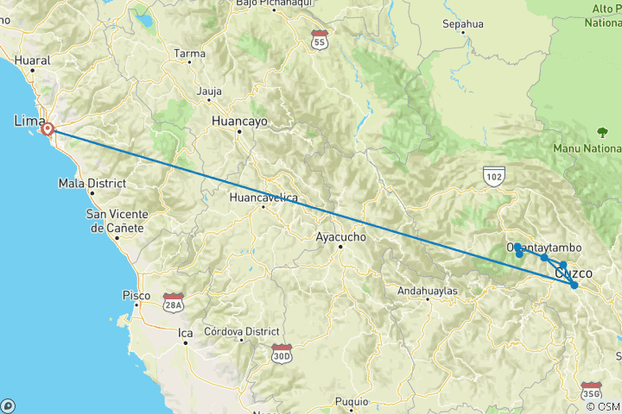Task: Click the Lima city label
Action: (x=29, y=122)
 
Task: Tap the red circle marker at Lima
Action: (x=48, y=129)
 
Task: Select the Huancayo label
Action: (x=239, y=122)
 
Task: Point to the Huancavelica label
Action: (x=263, y=198)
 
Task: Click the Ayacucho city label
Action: (x=341, y=236)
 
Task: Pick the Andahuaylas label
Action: (x=426, y=292)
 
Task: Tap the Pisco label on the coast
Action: (x=136, y=295)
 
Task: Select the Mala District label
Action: (x=92, y=183)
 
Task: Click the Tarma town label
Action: (x=190, y=53)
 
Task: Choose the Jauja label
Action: (x=209, y=91)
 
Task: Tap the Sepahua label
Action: (x=462, y=24)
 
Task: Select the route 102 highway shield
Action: (x=494, y=176)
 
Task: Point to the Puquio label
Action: (x=352, y=401)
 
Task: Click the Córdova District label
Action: (x=241, y=331)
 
